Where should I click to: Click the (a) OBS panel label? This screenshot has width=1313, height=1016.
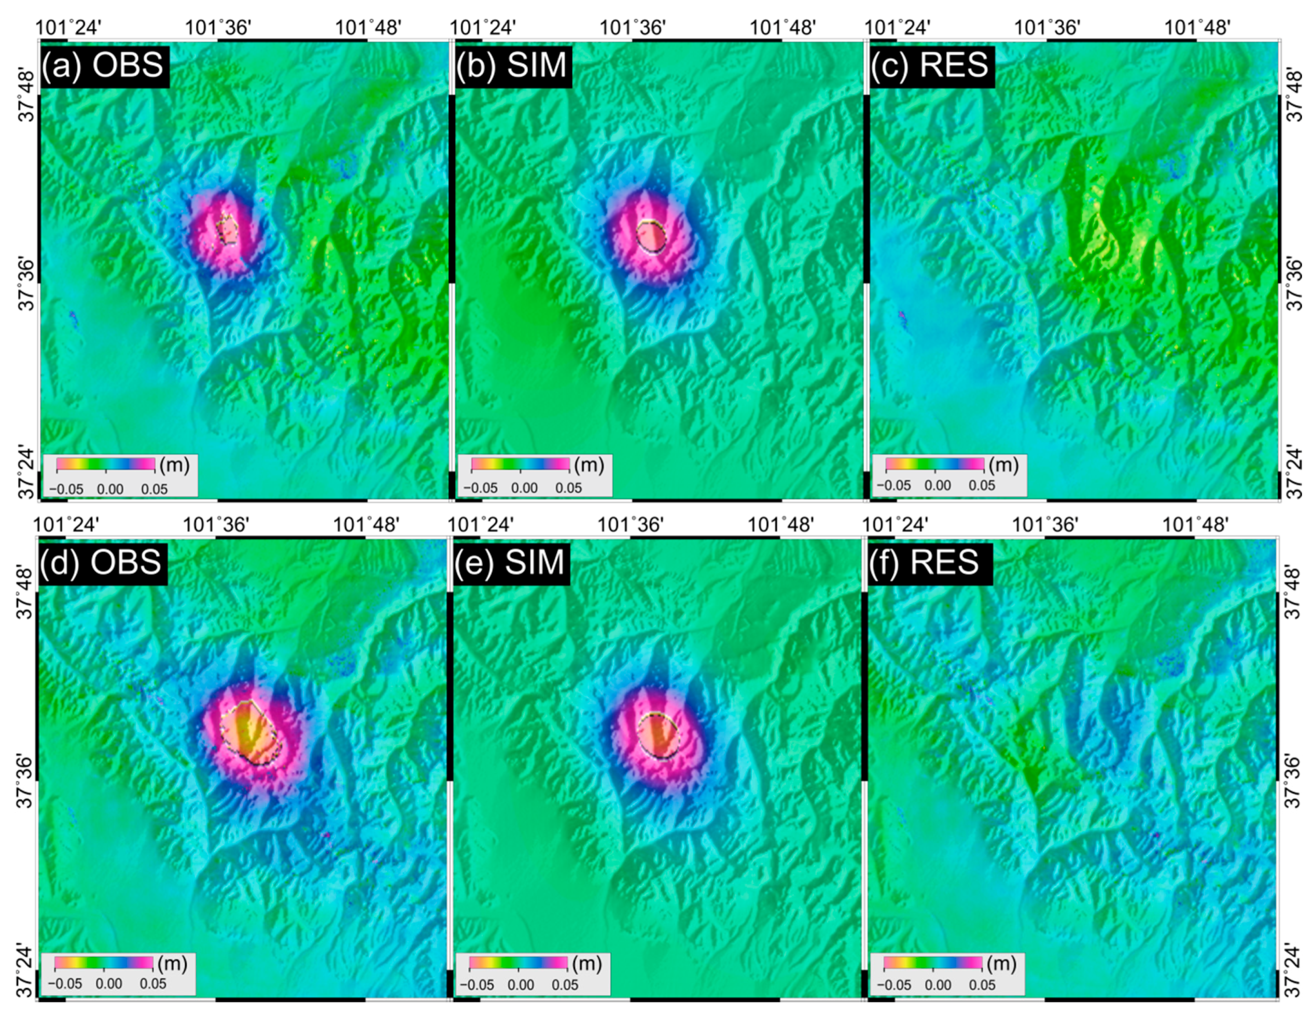coord(105,65)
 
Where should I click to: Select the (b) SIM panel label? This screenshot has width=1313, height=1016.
coord(512,65)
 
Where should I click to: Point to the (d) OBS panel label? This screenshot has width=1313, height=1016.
coord(101,562)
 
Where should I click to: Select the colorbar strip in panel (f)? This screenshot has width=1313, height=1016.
coord(932,963)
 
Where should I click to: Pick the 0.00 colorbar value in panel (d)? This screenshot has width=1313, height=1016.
coord(109,984)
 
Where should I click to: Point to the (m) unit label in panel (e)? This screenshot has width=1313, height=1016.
coord(586,964)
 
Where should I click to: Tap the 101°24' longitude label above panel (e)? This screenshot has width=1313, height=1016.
coord(480,525)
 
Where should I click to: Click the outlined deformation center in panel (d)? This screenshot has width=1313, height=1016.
coord(249,732)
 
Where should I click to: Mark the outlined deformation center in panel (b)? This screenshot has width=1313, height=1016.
coord(651,237)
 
